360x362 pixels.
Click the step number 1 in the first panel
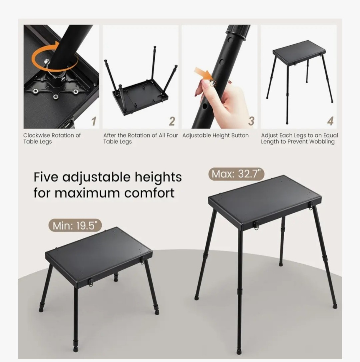[x=94, y=121]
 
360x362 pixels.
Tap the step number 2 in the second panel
[x=172, y=121]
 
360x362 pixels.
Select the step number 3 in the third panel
[x=251, y=121]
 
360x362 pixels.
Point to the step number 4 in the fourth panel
[x=330, y=121]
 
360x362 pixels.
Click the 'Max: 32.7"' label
[x=236, y=174]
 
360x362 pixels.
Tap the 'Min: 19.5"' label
[x=75, y=225]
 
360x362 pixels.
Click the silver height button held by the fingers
[x=212, y=82]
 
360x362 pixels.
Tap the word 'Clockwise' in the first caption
[x=37, y=135]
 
